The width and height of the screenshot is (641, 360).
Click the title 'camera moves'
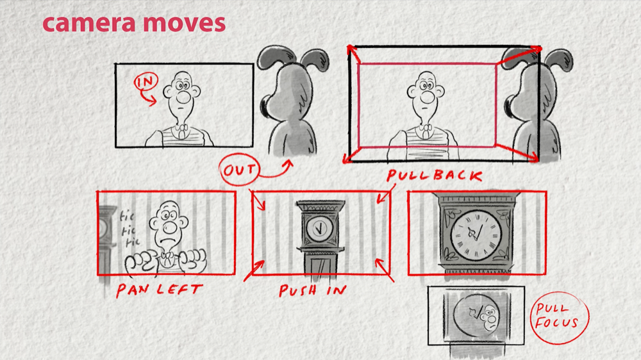coord(134,23)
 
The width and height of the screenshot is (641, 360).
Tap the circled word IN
coord(146,82)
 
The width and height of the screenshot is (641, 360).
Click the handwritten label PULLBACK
coord(435,176)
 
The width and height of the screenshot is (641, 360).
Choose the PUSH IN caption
coord(313,290)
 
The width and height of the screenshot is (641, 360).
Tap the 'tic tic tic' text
coord(129,229)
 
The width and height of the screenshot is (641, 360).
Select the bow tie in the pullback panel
coord(426,130)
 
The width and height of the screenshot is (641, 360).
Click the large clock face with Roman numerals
coord(476,235)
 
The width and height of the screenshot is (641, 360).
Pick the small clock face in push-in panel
coord(319,228)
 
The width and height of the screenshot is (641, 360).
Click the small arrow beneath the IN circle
coord(148,97)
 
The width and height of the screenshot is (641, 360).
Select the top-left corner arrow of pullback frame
coord(353,54)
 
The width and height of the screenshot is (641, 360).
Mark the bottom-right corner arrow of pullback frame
coord(517,152)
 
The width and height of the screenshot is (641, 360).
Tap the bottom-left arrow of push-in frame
coord(254,270)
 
